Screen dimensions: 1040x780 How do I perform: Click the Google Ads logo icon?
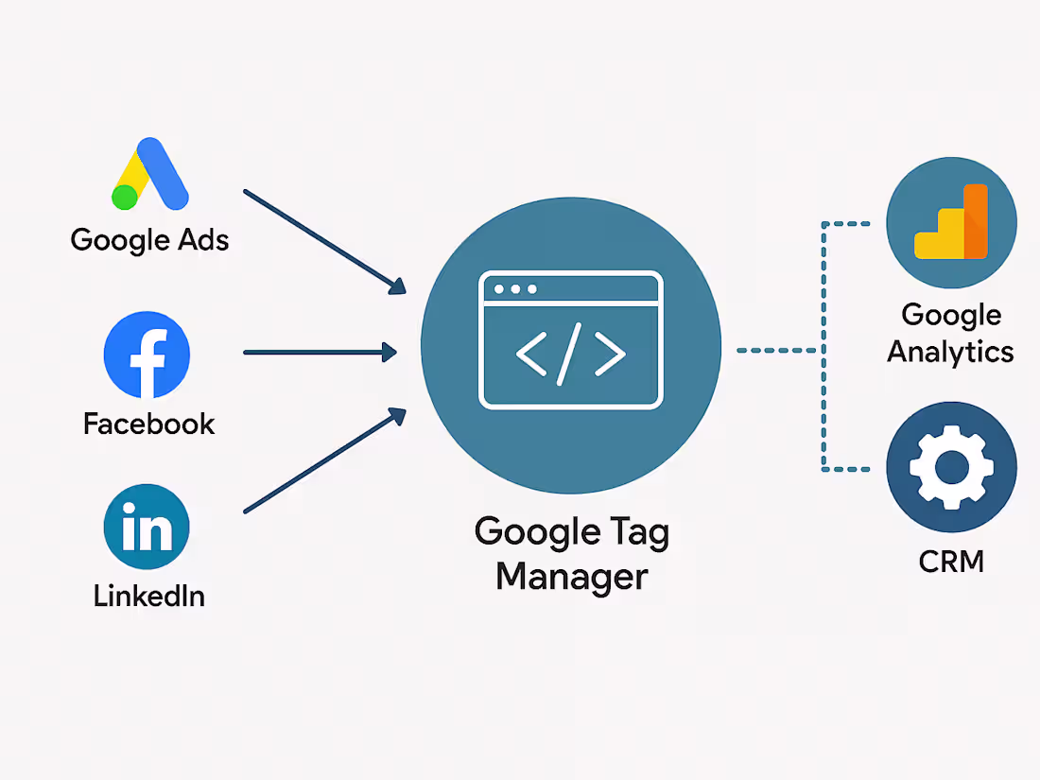pyautogui.click(x=150, y=174)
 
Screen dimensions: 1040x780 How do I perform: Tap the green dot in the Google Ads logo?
pyautogui.click(x=125, y=197)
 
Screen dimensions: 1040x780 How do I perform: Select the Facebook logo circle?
pyautogui.click(x=147, y=355)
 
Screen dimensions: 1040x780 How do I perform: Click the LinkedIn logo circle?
pyautogui.click(x=147, y=527)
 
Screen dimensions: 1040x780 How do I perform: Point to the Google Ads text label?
pyautogui.click(x=150, y=240)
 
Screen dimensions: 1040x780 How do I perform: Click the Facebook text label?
pyautogui.click(x=149, y=424)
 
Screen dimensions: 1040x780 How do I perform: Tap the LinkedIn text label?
pyautogui.click(x=149, y=596)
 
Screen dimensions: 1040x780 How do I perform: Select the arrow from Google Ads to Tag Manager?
pyautogui.click(x=325, y=242)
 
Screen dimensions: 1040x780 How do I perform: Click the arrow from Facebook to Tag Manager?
pyautogui.click(x=321, y=353)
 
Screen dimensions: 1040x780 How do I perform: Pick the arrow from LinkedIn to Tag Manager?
pyautogui.click(x=325, y=460)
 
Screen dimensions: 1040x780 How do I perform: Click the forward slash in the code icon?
pyautogui.click(x=569, y=355)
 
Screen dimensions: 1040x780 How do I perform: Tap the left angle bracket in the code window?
pyautogui.click(x=531, y=355)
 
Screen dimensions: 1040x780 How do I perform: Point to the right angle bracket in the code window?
pyautogui.click(x=610, y=355)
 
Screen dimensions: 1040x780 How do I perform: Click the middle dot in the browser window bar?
pyautogui.click(x=515, y=289)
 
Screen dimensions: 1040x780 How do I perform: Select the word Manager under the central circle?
pyautogui.click(x=572, y=577)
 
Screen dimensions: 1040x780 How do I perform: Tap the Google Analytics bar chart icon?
pyautogui.click(x=951, y=221)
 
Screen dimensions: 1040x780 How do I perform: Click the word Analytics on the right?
pyautogui.click(x=950, y=353)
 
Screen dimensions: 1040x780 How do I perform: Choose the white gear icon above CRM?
pyautogui.click(x=952, y=468)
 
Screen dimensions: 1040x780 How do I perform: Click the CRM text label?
pyautogui.click(x=951, y=562)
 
